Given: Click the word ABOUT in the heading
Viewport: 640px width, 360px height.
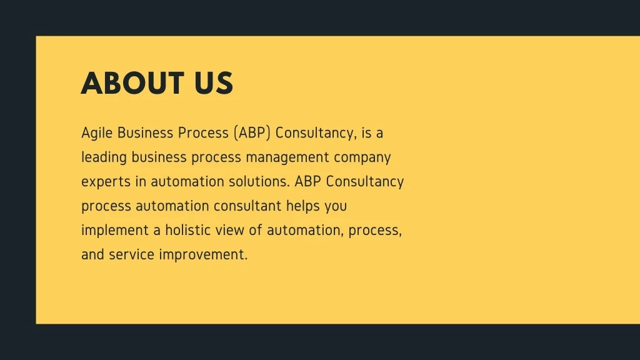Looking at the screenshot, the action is coord(132,83).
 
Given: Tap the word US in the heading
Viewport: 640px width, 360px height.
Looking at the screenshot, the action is coord(214,83).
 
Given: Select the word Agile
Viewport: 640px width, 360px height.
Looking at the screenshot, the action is coord(97,134).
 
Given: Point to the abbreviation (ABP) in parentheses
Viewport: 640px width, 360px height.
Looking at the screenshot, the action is coord(252,133).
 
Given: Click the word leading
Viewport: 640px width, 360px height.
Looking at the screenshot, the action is coord(104,157).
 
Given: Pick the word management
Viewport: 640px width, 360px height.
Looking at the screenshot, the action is coord(287,157).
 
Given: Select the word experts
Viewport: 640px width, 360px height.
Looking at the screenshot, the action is coord(106,182).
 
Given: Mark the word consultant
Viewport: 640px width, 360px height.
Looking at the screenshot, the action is coord(247,206).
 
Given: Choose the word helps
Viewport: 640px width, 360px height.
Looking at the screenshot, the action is coord(303,206).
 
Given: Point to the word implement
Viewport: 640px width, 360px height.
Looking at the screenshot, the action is coord(115,231).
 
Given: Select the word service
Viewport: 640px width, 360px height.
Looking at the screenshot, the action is coord(131,254).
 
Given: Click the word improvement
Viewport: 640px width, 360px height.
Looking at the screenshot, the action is coord(203,255).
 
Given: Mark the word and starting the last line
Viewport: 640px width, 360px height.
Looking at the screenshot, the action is coord(92,254).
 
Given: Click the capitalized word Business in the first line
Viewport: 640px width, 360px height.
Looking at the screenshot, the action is coord(145,133).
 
